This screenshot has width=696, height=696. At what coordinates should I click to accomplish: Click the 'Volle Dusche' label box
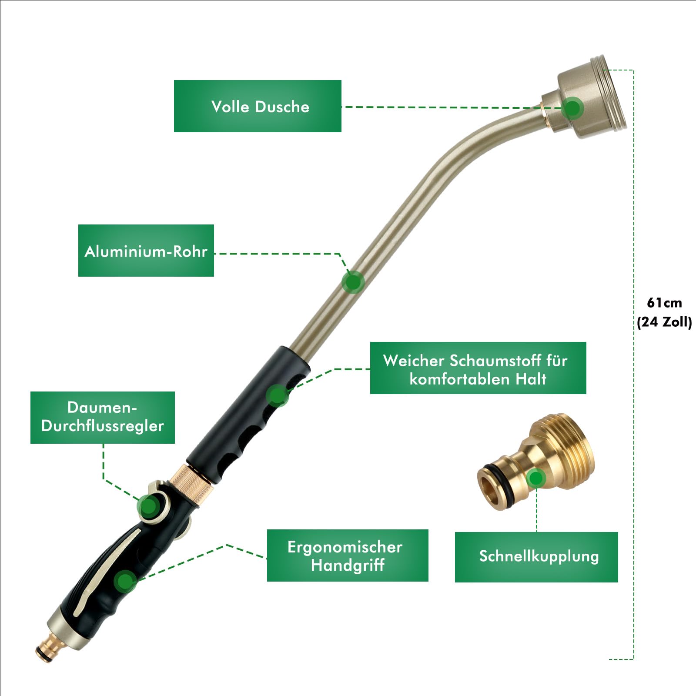pyautogui.click(x=258, y=106)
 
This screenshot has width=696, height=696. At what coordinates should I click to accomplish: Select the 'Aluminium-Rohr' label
pyautogui.click(x=146, y=251)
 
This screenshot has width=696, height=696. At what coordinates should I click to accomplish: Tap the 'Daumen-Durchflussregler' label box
pyautogui.click(x=103, y=418)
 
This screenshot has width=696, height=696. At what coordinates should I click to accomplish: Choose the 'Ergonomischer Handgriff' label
pyautogui.click(x=348, y=555)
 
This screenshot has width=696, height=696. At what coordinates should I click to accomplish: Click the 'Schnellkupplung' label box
pyautogui.click(x=536, y=557)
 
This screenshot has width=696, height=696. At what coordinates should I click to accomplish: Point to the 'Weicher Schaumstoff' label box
pyautogui.click(x=478, y=368)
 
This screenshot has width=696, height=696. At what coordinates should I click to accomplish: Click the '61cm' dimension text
pyautogui.click(x=664, y=303)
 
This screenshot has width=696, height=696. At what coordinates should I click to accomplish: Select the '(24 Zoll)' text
pyautogui.click(x=664, y=322)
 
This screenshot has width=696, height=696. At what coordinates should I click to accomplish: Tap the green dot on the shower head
pyautogui.click(x=572, y=107)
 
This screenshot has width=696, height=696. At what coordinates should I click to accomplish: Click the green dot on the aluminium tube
pyautogui.click(x=353, y=282)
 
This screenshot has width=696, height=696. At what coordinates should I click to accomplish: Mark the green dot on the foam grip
pyautogui.click(x=278, y=395)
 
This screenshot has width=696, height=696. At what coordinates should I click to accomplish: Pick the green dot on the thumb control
pyautogui.click(x=149, y=506)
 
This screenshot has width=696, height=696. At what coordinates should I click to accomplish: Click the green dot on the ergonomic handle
pyautogui.click(x=125, y=581)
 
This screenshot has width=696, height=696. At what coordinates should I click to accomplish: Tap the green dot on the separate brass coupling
pyautogui.click(x=536, y=478)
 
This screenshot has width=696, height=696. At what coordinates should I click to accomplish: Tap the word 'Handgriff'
pyautogui.click(x=348, y=565)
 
